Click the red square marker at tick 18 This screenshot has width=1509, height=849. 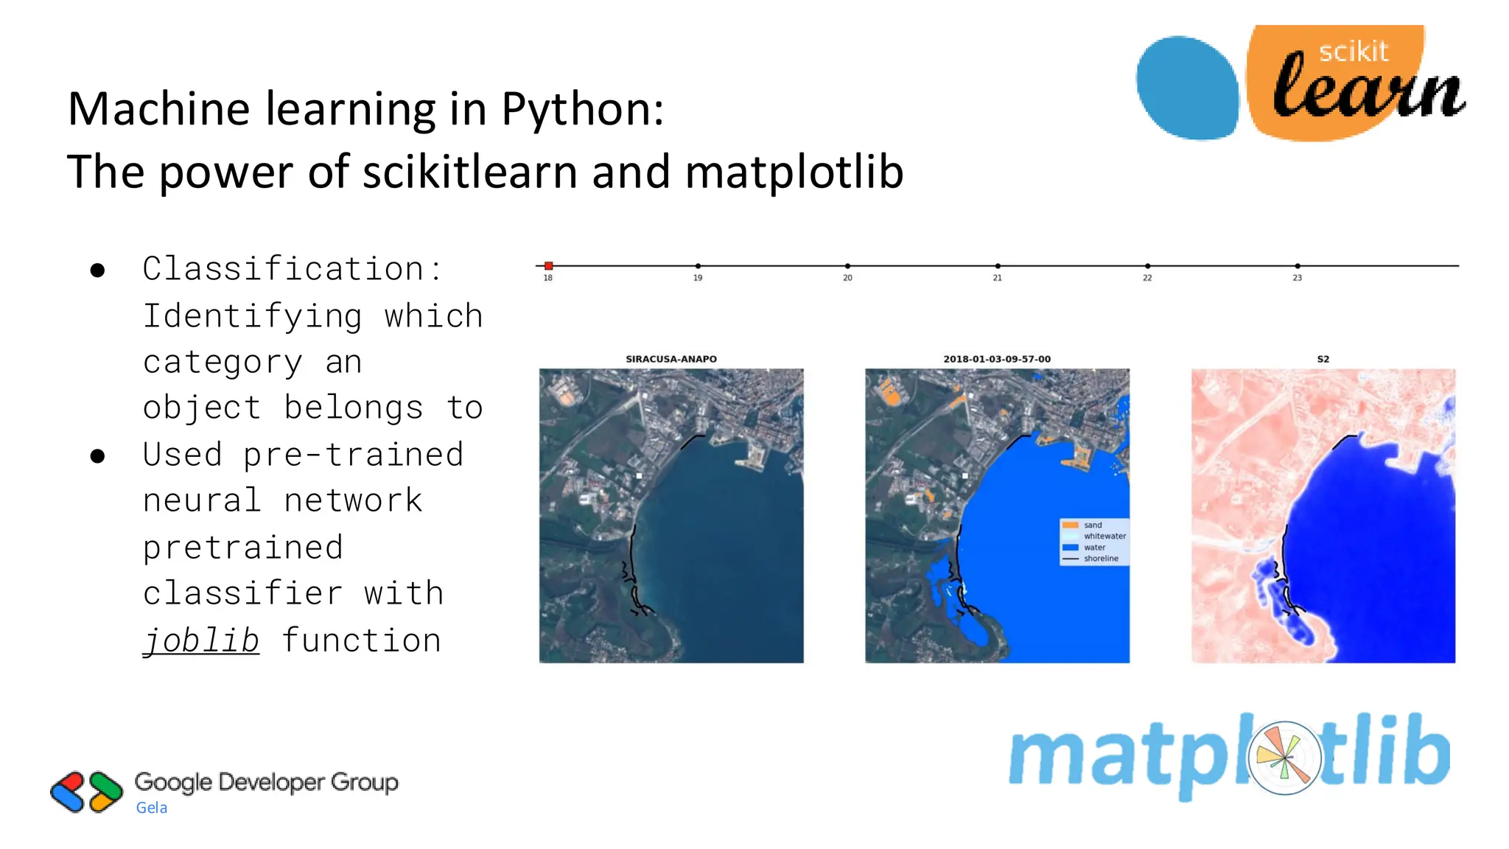548,265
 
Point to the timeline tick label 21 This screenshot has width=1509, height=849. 997,278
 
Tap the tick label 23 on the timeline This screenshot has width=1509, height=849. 1297,278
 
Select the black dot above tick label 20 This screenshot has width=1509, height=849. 847,265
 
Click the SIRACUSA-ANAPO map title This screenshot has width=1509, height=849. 671,359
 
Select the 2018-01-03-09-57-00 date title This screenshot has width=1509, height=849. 997,359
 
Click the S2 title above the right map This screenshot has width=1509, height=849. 1323,359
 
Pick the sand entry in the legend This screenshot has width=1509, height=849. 1093,525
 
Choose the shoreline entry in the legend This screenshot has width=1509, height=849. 1101,559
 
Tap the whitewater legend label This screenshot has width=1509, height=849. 1104,536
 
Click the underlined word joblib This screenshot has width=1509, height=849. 201,640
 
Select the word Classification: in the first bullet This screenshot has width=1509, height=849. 292,269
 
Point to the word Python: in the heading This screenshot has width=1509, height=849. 582,109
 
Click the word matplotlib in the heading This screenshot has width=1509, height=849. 794,172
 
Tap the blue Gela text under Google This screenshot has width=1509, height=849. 152,808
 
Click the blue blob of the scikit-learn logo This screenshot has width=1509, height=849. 1187,87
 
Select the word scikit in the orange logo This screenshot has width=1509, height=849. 1353,52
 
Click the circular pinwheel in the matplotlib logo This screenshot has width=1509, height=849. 1284,758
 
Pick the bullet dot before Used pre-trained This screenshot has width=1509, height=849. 97,456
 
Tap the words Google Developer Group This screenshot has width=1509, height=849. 266,782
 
